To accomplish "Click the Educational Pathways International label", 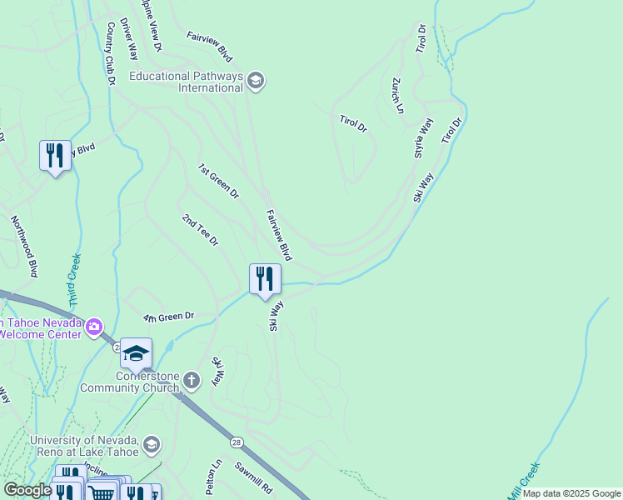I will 186,82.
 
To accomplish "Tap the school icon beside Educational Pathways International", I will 256,81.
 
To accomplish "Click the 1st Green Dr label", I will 218,181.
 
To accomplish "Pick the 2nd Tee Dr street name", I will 200,230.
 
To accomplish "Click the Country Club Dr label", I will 110,54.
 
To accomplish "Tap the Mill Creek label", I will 526,481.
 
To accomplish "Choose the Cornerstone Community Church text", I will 130,382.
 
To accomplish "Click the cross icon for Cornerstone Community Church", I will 192,382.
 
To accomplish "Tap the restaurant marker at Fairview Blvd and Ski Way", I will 265,279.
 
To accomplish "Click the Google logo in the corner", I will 27,490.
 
